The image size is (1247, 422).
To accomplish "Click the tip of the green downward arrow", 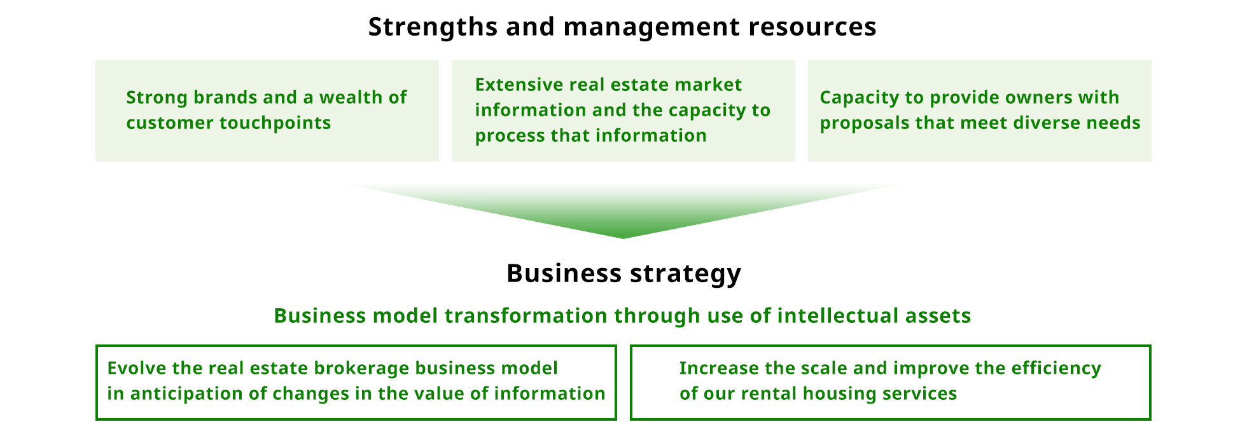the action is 623,238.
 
